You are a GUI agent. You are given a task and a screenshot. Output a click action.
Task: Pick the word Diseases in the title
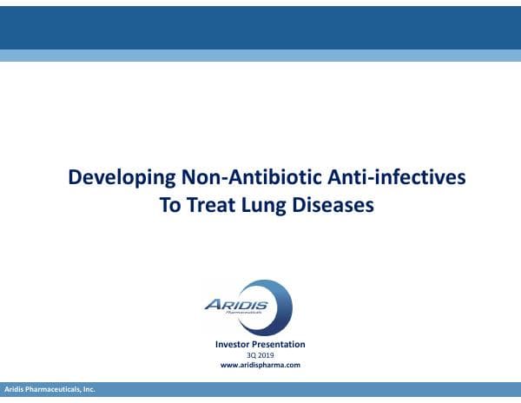[x=333, y=206]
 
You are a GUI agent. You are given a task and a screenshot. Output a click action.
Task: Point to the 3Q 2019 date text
[x=260, y=355]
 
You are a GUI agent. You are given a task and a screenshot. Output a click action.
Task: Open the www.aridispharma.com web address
[x=260, y=366]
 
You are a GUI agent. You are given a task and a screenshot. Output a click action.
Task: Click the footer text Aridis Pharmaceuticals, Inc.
[x=49, y=390]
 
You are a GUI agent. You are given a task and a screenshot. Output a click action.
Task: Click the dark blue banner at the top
[x=260, y=24]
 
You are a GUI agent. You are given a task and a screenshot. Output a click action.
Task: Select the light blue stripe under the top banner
[x=260, y=56]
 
